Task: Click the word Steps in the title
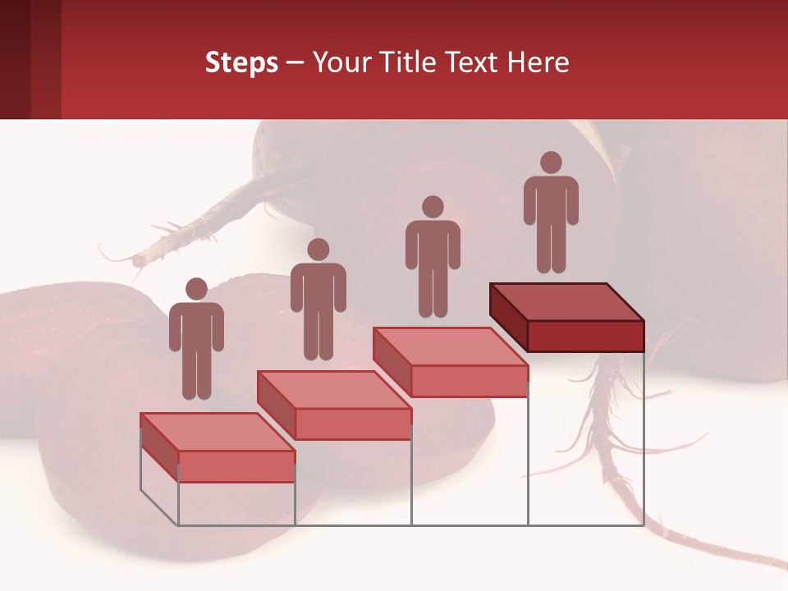tap(241, 62)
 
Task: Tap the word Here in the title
tap(538, 62)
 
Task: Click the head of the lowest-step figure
tap(196, 289)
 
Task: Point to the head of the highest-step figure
tap(551, 163)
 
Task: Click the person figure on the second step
tap(318, 300)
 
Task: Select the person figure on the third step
tap(433, 256)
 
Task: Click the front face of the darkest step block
tap(585, 336)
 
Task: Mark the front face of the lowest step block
tap(236, 466)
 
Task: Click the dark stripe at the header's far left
tap(15, 59)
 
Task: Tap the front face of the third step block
tap(469, 381)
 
